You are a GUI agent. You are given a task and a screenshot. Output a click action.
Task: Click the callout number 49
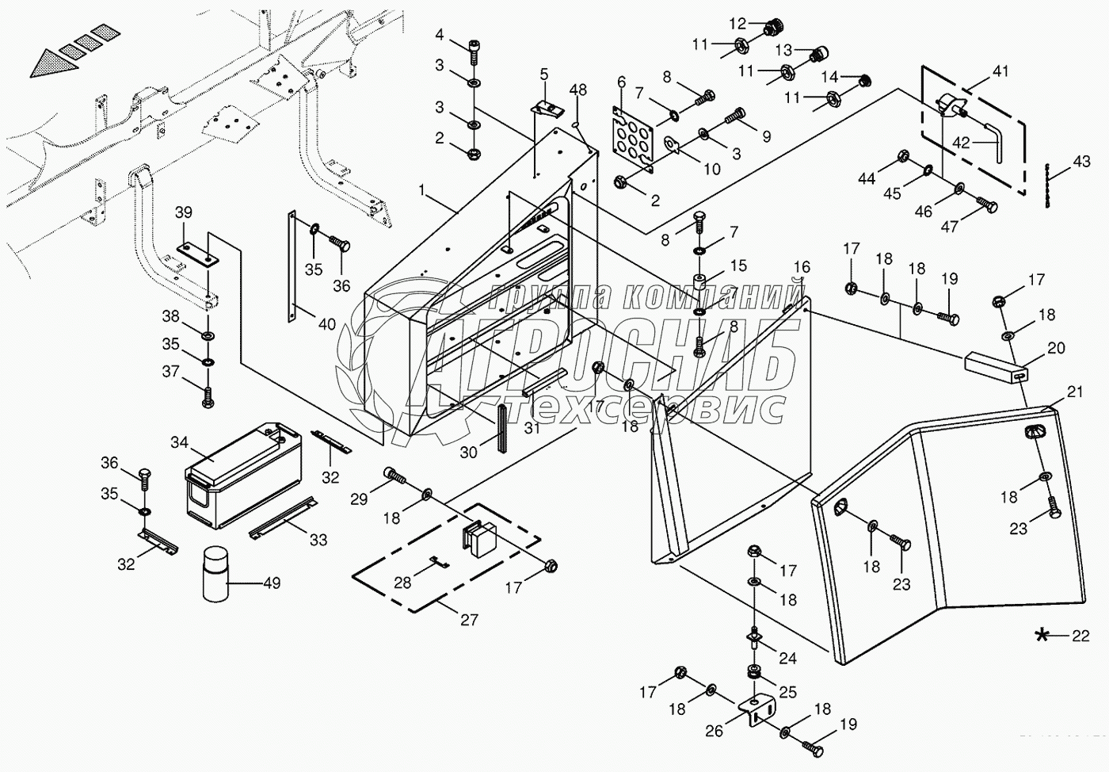click(x=272, y=584)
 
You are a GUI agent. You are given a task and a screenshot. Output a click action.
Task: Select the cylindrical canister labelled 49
click(x=215, y=575)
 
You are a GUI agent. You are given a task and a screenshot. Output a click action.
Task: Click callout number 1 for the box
click(x=422, y=191)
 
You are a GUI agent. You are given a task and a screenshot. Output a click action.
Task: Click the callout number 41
click(x=1000, y=72)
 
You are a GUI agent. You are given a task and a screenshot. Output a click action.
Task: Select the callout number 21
click(x=1073, y=391)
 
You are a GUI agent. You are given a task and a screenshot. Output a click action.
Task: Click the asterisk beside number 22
click(x=1043, y=634)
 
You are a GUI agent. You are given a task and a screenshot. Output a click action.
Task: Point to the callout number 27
click(x=469, y=619)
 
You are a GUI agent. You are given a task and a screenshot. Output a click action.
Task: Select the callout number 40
click(x=326, y=324)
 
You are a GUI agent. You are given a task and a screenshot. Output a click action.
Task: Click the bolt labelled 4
click(x=474, y=47)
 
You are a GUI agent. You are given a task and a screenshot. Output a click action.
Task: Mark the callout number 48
click(x=578, y=90)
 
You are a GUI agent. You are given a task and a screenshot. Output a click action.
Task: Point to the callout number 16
click(x=802, y=266)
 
